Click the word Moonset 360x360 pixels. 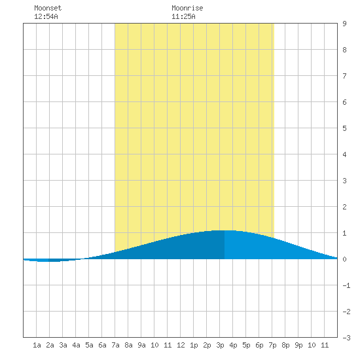48,8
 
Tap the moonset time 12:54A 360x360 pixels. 46,16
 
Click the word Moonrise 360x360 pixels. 187,8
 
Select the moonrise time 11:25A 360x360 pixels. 183,16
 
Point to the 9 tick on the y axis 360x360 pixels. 344,24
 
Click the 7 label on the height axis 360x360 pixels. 344,76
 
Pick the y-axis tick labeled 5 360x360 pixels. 344,128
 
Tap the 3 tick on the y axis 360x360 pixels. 344,181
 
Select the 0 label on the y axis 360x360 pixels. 344,259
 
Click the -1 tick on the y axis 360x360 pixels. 346,285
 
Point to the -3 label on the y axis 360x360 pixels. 346,338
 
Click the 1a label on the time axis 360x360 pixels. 37,345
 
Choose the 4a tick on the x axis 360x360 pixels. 76,345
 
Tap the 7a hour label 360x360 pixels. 115,345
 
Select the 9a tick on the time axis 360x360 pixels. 141,345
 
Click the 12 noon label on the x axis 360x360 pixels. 181,345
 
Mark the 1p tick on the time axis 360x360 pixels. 194,345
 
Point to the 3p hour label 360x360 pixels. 220,345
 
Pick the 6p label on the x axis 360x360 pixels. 259,345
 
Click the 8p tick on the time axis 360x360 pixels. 285,345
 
